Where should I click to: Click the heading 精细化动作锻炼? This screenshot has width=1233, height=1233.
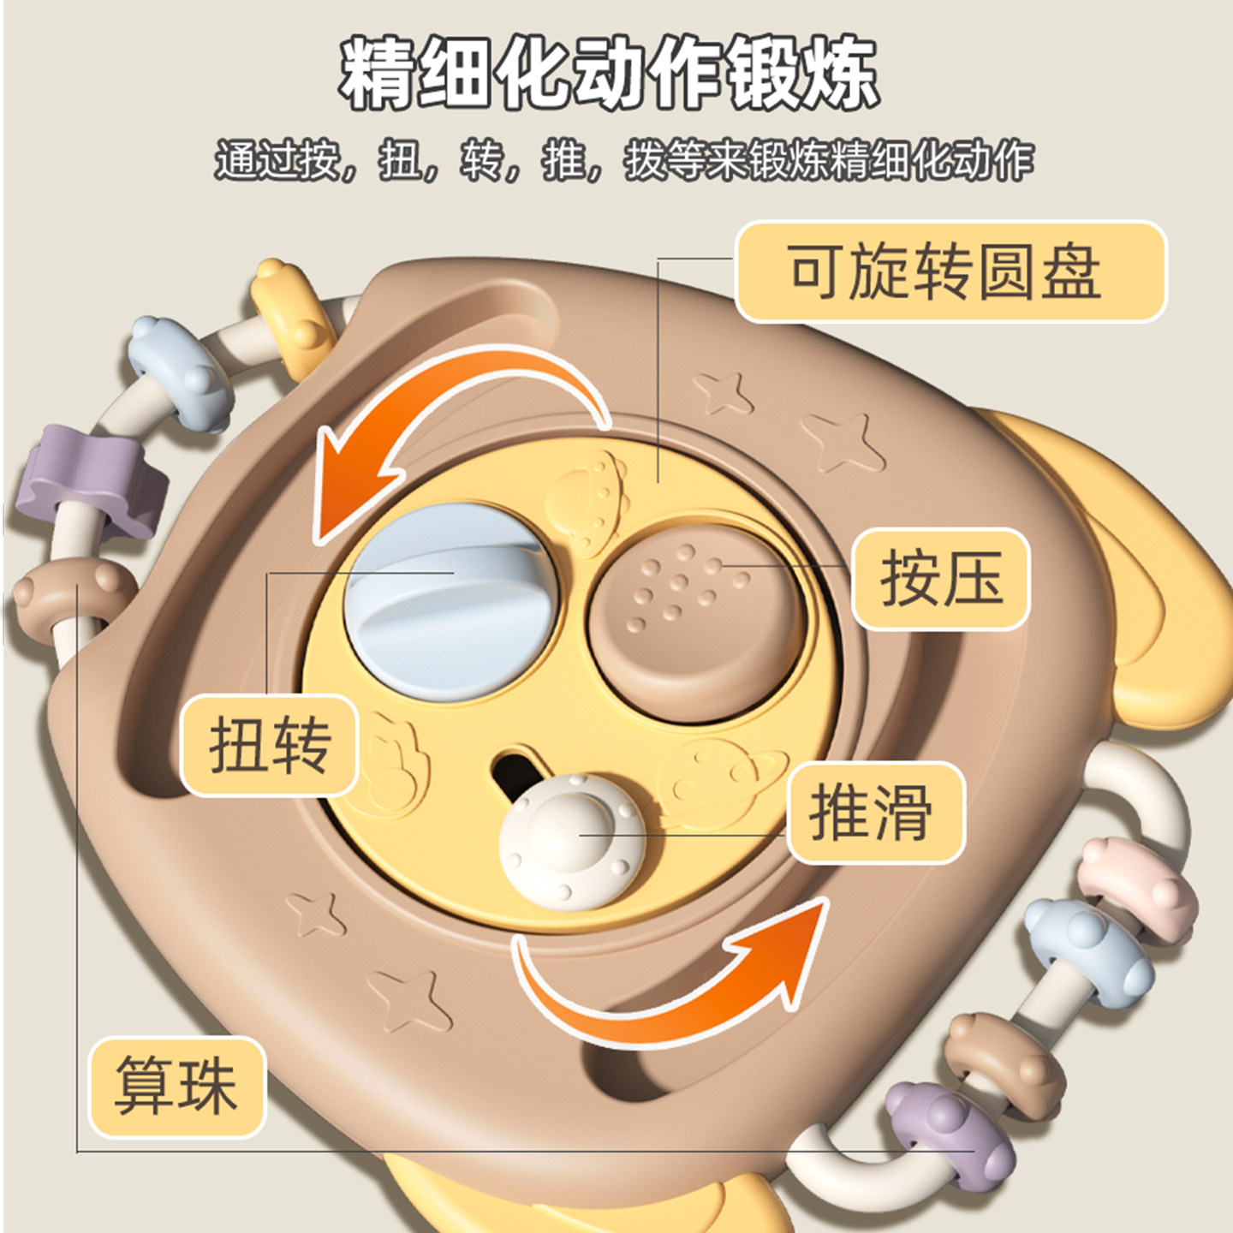(x=609, y=74)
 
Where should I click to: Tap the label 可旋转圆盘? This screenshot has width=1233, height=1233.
(x=950, y=272)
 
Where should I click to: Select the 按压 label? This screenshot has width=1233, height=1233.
(x=941, y=580)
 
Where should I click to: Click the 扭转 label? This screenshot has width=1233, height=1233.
(x=270, y=745)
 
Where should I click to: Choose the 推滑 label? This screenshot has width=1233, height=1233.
(x=875, y=813)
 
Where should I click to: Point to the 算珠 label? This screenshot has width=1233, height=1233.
(x=177, y=1087)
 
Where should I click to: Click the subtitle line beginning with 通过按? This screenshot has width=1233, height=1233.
(x=623, y=160)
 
